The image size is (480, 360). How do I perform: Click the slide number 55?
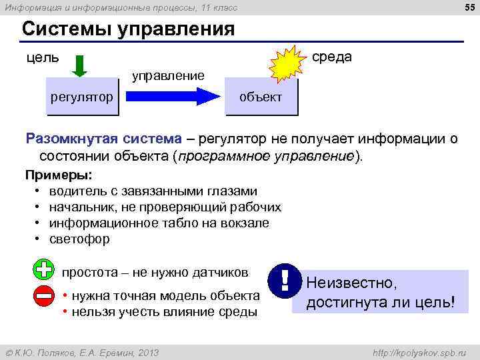pyautogui.click(x=468, y=7)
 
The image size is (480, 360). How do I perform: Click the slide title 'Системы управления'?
pyautogui.click(x=128, y=30)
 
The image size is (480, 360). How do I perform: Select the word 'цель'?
pyautogui.click(x=42, y=58)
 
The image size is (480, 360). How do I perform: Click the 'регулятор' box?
pyautogui.click(x=81, y=98)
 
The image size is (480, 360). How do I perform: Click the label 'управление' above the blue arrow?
pyautogui.click(x=167, y=75)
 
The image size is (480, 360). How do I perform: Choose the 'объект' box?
pyautogui.click(x=261, y=98)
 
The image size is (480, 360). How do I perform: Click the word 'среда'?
pyautogui.click(x=332, y=57)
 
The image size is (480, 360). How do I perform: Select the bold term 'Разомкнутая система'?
pyautogui.click(x=103, y=139)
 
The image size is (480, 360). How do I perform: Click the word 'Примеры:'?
pyautogui.click(x=59, y=176)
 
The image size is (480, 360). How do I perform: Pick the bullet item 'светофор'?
pyautogui.click(x=82, y=239)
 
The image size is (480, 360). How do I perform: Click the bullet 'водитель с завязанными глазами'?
pyautogui.click(x=152, y=191)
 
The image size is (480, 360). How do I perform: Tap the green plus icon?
pyautogui.click(x=43, y=270)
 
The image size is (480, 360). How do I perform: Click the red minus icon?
pyautogui.click(x=43, y=295)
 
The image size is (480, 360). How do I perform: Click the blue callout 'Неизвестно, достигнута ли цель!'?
pyautogui.click(x=381, y=293)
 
